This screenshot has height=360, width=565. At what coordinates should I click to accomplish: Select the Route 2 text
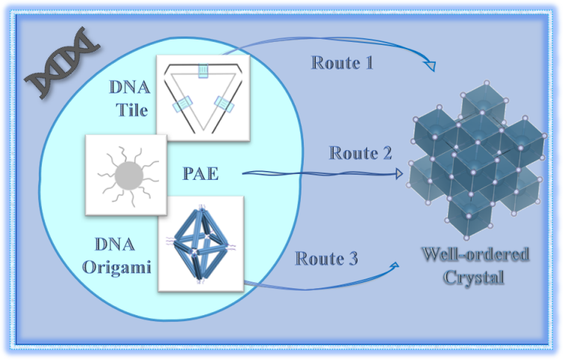click(x=360, y=154)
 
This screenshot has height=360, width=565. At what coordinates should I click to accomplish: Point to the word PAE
click(x=199, y=174)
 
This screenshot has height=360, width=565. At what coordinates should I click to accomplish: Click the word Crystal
click(x=475, y=278)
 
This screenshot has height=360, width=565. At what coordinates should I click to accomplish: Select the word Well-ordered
click(x=475, y=255)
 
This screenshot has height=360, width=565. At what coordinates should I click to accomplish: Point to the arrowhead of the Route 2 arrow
click(x=398, y=177)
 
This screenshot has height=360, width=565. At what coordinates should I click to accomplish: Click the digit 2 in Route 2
click(x=387, y=154)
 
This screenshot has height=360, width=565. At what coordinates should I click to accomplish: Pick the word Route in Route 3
click(x=316, y=258)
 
